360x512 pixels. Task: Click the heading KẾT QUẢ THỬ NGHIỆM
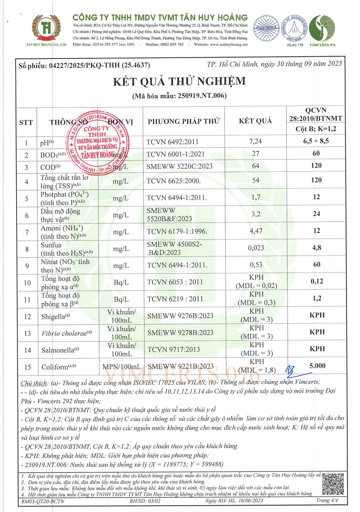coord(180,81)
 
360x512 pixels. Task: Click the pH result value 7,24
coord(255,142)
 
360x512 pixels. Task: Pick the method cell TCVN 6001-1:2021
coord(173,154)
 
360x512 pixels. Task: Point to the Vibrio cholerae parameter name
coord(63,332)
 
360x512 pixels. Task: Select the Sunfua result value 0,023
coord(255,247)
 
